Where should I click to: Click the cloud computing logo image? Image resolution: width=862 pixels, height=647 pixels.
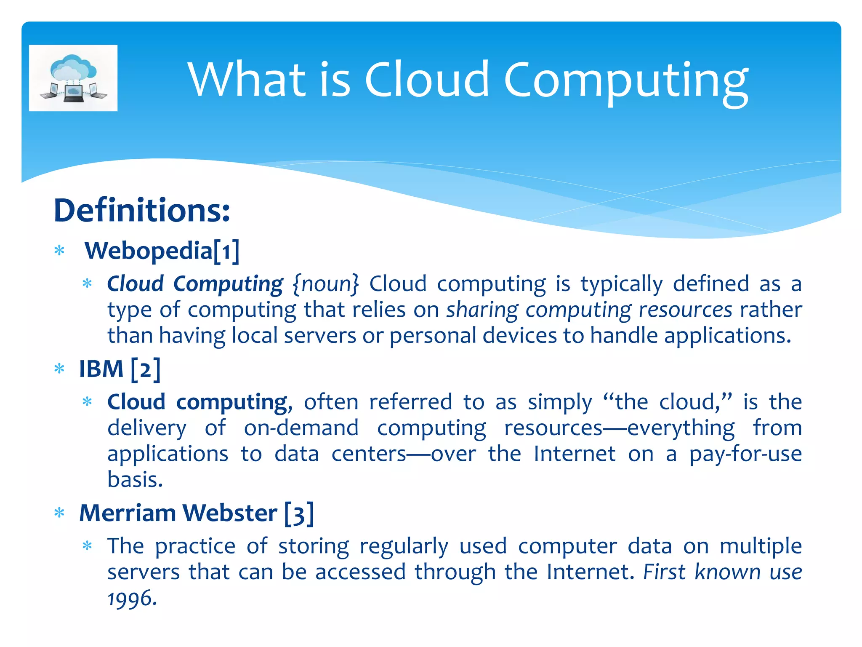pyautogui.click(x=73, y=78)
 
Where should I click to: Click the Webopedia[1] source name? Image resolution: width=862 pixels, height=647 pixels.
pyautogui.click(x=162, y=251)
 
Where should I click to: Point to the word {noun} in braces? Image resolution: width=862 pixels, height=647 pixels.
pyautogui.click(x=326, y=283)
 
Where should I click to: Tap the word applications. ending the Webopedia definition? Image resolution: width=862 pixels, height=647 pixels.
pyautogui.click(x=728, y=336)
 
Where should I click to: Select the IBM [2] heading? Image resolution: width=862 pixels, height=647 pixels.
pyautogui.click(x=120, y=369)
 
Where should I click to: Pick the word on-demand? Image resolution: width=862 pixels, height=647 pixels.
pyautogui.click(x=301, y=428)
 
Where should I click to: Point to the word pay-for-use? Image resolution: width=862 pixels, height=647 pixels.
pyautogui.click(x=745, y=454)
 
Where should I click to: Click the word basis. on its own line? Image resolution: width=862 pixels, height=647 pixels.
pyautogui.click(x=135, y=479)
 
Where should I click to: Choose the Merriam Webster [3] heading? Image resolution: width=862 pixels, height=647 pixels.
pyautogui.click(x=197, y=513)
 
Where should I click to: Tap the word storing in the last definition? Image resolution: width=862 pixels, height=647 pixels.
pyautogui.click(x=314, y=546)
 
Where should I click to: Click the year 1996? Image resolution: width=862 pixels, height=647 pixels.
pyautogui.click(x=132, y=598)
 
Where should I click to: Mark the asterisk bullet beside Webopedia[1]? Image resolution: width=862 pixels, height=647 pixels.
pyautogui.click(x=59, y=251)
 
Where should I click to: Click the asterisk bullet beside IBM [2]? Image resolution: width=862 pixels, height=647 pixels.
pyautogui.click(x=59, y=369)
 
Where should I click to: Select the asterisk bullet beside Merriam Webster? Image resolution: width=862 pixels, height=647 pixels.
pyautogui.click(x=59, y=513)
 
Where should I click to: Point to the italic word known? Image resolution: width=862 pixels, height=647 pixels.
pyautogui.click(x=727, y=572)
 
